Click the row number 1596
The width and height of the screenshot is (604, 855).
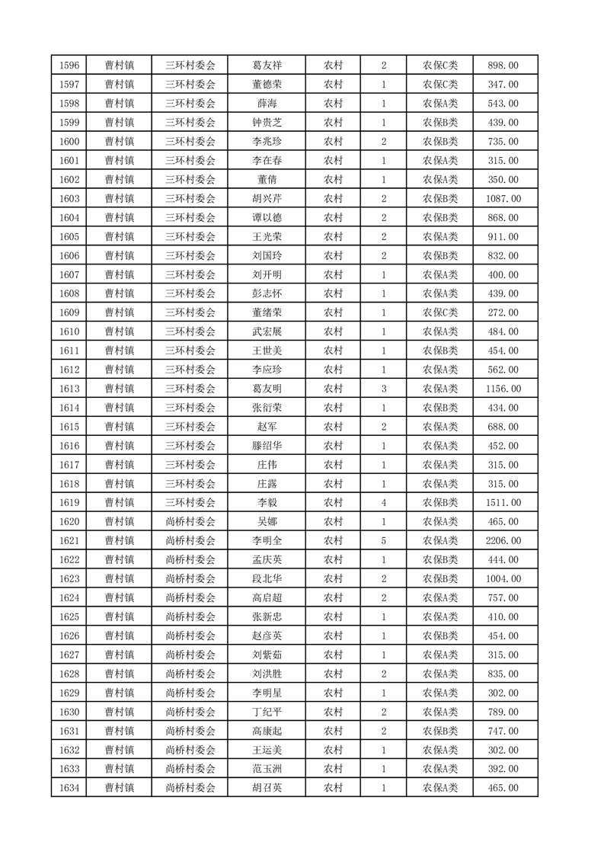click(69, 66)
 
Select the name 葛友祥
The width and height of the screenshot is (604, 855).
click(267, 66)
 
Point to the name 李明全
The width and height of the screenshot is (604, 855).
click(267, 541)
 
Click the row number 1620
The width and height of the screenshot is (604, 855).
click(69, 522)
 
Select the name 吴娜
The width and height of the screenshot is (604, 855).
click(267, 522)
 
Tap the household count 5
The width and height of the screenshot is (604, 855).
click(383, 541)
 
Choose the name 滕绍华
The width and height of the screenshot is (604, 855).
click(267, 446)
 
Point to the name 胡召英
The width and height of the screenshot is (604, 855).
click(267, 788)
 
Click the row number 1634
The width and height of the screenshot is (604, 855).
click(69, 788)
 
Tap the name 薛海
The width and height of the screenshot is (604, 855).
click(267, 104)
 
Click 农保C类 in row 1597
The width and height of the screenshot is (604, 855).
click(440, 85)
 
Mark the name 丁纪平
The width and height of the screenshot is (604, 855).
click(267, 712)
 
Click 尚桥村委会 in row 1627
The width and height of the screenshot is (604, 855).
click(190, 655)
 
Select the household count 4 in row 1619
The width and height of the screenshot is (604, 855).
click(383, 503)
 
